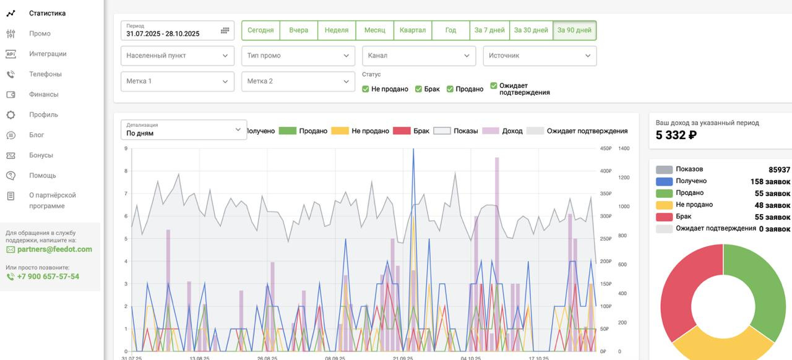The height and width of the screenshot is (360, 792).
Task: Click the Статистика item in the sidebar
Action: [47, 13]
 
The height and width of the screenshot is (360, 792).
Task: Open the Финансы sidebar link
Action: [43, 94]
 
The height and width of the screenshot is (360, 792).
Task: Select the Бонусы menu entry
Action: [41, 155]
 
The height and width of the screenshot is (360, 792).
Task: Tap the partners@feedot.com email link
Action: [54, 249]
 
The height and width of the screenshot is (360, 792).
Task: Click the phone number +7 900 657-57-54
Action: [48, 276]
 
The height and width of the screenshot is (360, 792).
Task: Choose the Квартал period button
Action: [413, 30]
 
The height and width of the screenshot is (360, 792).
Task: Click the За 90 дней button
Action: [574, 30]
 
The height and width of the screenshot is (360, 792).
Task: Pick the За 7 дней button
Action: [489, 30]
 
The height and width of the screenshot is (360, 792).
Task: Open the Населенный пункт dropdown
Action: [178, 56]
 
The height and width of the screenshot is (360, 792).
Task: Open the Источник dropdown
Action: [540, 56]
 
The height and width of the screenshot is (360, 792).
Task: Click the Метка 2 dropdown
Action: [298, 81]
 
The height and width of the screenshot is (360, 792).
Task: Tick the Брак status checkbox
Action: [419, 89]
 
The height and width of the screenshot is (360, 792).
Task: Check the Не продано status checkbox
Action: [366, 89]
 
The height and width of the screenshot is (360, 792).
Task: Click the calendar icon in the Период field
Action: [225, 30]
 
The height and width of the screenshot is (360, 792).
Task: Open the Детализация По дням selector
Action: [184, 129]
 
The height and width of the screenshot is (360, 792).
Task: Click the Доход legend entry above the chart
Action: [502, 131]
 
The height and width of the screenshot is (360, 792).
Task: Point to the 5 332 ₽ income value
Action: [676, 135]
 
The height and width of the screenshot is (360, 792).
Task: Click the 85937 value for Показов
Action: [779, 169]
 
